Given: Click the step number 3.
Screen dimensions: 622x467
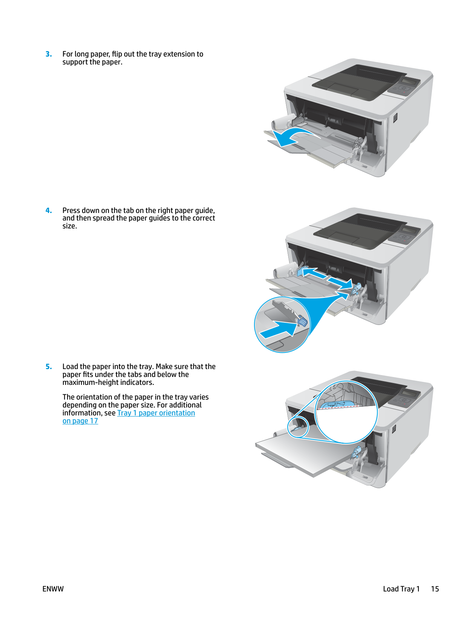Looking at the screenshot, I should point(49,54).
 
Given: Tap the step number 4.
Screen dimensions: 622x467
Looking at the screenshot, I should point(49,211).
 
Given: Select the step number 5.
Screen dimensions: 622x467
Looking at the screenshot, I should point(49,367).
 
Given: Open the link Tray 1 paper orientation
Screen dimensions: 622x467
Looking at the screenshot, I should point(156,413).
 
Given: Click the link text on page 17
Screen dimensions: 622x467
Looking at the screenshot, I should point(80,421).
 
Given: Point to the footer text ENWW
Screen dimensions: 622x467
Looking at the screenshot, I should point(53,589).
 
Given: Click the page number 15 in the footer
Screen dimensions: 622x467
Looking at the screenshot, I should point(435,589).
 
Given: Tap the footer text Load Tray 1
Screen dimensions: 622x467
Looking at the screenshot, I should point(401,589).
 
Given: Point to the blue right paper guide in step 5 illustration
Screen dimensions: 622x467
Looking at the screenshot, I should point(357,452).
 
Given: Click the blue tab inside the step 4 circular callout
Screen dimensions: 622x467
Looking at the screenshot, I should point(302,322).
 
